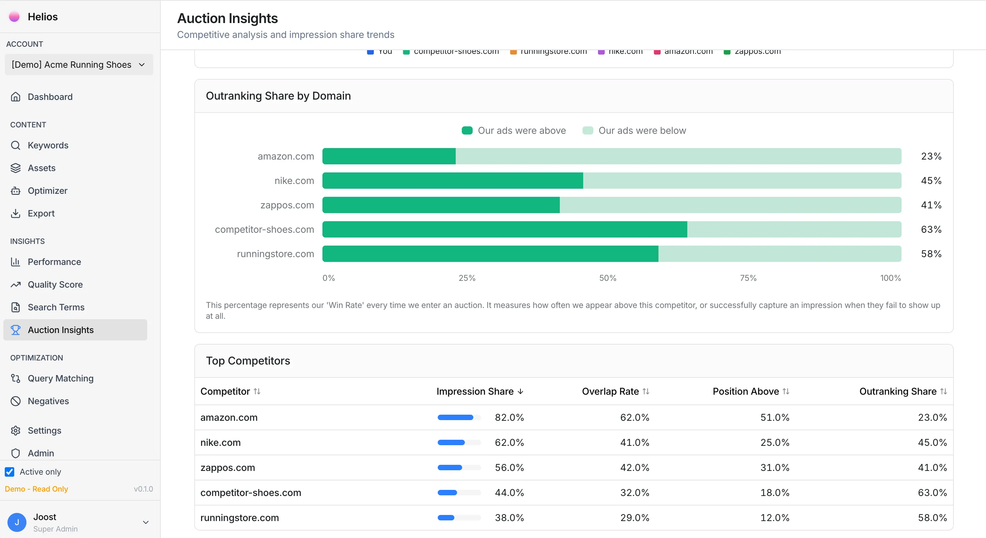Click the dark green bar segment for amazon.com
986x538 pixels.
point(389,157)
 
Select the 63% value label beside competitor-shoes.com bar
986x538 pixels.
point(931,229)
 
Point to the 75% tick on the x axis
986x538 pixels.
point(748,278)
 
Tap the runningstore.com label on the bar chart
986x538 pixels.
point(275,254)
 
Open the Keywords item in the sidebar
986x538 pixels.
point(48,145)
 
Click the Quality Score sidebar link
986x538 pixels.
point(55,285)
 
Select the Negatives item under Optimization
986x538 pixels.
point(48,401)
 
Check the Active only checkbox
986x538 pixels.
point(9,472)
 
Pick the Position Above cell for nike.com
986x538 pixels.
point(774,442)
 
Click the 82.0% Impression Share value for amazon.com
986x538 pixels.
point(509,417)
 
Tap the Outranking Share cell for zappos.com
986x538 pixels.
point(932,468)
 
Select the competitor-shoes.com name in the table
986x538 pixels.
point(251,493)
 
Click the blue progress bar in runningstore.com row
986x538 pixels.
point(446,518)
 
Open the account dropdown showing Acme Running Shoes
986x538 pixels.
point(78,65)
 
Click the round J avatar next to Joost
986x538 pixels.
point(17,522)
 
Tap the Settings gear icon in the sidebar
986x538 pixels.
point(15,431)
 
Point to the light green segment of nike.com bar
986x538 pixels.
point(742,181)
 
